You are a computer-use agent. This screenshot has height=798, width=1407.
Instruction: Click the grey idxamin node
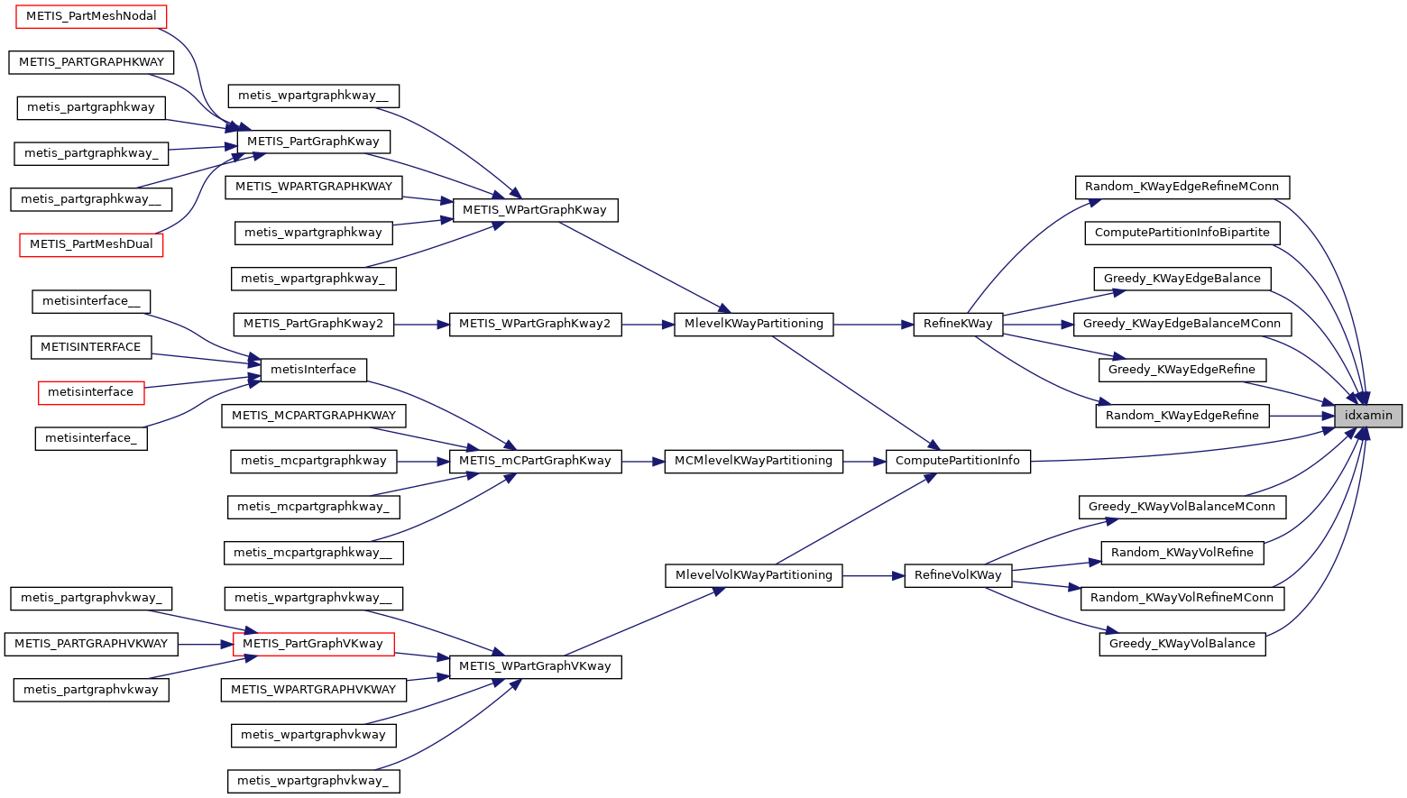(x=1368, y=416)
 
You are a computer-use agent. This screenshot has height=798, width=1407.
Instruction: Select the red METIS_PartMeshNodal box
(x=91, y=16)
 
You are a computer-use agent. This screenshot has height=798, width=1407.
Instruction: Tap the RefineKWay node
(x=958, y=324)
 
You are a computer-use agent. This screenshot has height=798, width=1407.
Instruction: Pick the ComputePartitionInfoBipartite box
(x=1182, y=233)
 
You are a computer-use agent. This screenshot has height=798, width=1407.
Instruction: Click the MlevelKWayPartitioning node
(x=753, y=324)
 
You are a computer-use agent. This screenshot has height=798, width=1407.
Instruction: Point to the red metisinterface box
(x=90, y=392)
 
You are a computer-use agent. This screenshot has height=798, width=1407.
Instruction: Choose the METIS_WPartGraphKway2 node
(x=535, y=324)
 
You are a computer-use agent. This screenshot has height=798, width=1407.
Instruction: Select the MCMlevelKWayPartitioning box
(x=753, y=461)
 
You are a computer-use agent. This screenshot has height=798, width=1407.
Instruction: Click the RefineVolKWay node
(x=958, y=575)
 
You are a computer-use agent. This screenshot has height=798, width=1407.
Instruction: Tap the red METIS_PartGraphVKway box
(x=313, y=644)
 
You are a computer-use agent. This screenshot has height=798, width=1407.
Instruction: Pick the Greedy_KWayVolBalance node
(x=1182, y=644)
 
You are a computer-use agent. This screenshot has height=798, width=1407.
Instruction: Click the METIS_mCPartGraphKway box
(x=535, y=461)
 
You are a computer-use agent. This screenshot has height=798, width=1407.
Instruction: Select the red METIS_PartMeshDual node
(x=91, y=244)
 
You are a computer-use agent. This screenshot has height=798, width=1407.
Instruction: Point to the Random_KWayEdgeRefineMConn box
(x=1182, y=187)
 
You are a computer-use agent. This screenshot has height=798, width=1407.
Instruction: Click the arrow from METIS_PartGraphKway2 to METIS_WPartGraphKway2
(x=421, y=324)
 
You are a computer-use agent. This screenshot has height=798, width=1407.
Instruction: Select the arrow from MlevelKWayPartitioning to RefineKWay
(x=873, y=324)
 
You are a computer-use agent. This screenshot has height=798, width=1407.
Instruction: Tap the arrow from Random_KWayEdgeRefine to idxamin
(x=1301, y=416)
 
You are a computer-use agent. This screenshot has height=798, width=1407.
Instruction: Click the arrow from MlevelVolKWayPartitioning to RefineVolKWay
(x=873, y=575)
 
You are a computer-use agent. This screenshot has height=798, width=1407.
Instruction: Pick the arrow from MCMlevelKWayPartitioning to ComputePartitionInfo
(x=864, y=461)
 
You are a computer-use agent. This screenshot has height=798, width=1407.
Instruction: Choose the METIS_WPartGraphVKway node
(x=535, y=666)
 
